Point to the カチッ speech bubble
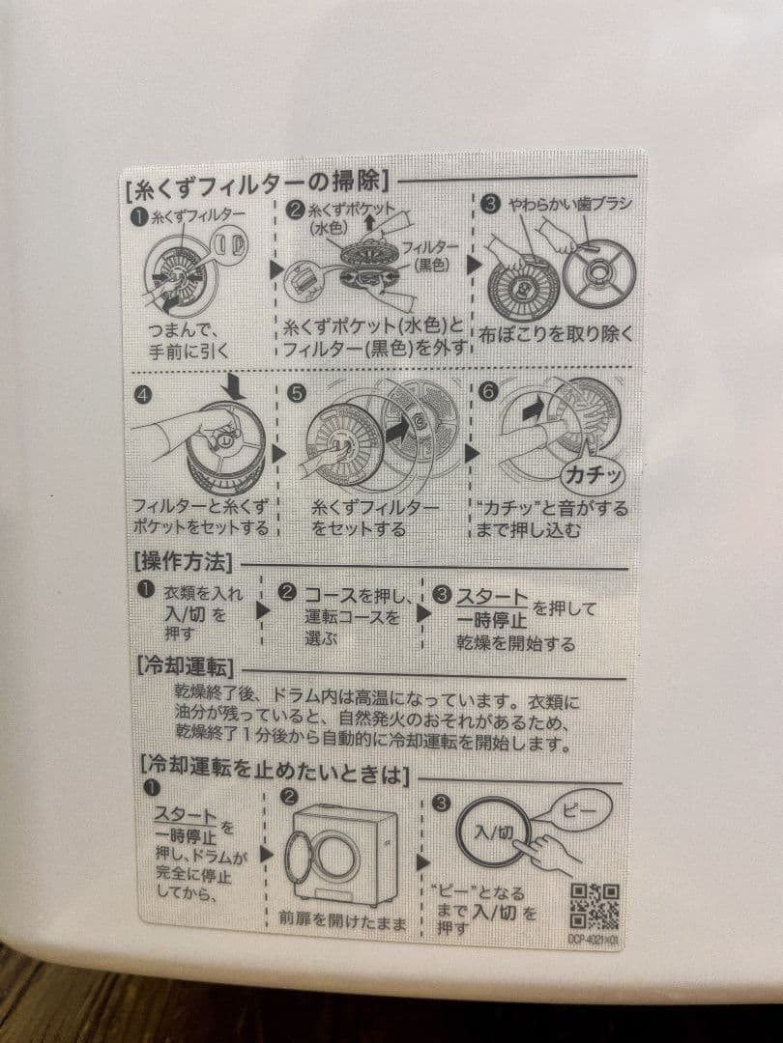click(591, 475)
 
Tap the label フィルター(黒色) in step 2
click(422, 255)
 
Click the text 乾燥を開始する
click(515, 643)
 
